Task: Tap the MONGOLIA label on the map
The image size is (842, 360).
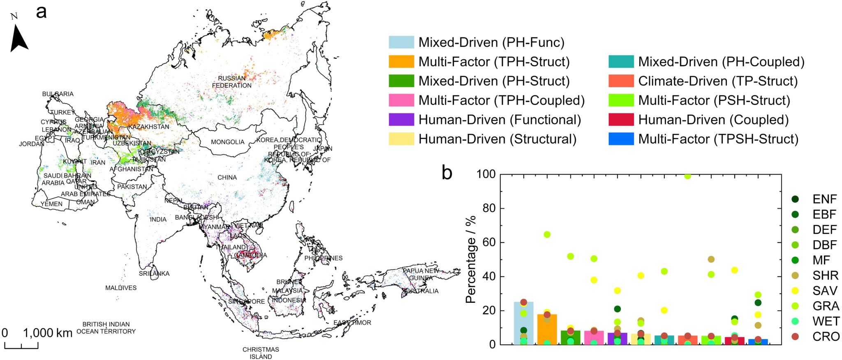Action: tap(227, 142)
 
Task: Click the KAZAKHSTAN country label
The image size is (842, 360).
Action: tap(148, 127)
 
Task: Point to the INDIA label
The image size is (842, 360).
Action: tap(158, 219)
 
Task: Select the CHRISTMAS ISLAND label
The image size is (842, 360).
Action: tap(261, 353)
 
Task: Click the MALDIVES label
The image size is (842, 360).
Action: tap(120, 288)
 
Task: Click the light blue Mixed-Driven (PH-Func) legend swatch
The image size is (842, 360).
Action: tap(401, 42)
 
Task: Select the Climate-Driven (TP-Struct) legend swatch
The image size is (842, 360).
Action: tap(621, 81)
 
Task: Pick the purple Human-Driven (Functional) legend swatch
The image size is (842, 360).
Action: tap(401, 120)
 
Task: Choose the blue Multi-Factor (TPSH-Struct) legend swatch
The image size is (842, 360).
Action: tap(621, 139)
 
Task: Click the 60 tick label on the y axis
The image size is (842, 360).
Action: tap(486, 242)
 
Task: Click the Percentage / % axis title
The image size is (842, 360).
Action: tap(471, 259)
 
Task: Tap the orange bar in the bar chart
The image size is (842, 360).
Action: tap(547, 329)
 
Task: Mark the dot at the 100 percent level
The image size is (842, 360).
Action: tap(687, 176)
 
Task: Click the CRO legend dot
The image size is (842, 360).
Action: tap(795, 337)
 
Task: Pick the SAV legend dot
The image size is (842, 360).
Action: tap(795, 291)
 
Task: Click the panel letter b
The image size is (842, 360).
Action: tap(447, 173)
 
